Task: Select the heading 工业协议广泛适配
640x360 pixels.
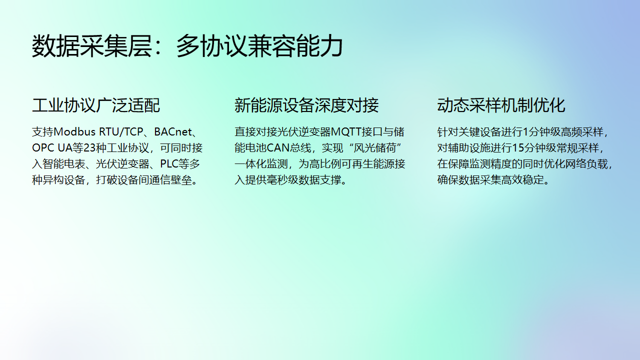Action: click(96, 105)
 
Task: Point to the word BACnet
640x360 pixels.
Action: click(174, 132)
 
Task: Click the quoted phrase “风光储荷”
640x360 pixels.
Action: click(381, 148)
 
